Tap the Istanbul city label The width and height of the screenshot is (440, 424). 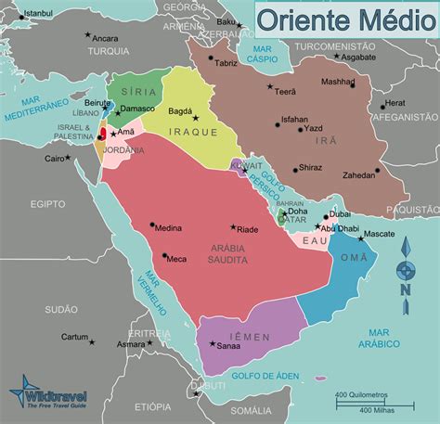[x=38, y=14]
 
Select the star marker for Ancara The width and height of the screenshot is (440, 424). [x=88, y=35]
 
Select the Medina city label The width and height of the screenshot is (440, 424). [x=168, y=227]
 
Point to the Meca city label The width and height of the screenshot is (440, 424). [x=176, y=259]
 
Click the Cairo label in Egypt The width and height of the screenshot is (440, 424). [x=57, y=159]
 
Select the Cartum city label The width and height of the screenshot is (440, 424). [x=73, y=337]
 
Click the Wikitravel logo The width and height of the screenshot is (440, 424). [x=46, y=395]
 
